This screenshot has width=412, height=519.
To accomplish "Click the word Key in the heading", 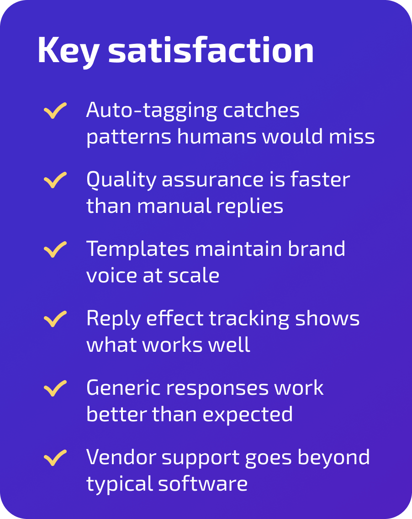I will coord(68,50).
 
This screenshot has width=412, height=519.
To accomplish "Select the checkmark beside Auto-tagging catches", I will coord(55,111).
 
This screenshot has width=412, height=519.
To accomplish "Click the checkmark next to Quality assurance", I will coord(55,180).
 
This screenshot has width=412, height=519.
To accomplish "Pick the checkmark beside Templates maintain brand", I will coord(55,250).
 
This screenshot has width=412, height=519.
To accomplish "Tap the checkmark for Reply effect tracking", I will coord(55,319).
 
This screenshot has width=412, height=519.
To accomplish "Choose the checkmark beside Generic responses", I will coord(55,388).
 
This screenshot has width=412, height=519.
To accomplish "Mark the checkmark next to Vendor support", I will coord(55,458).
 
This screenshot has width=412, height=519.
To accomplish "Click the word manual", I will coord(174,206).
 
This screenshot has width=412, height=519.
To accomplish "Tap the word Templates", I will coord(137,249).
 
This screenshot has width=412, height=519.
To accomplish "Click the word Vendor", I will coord(119,457).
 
